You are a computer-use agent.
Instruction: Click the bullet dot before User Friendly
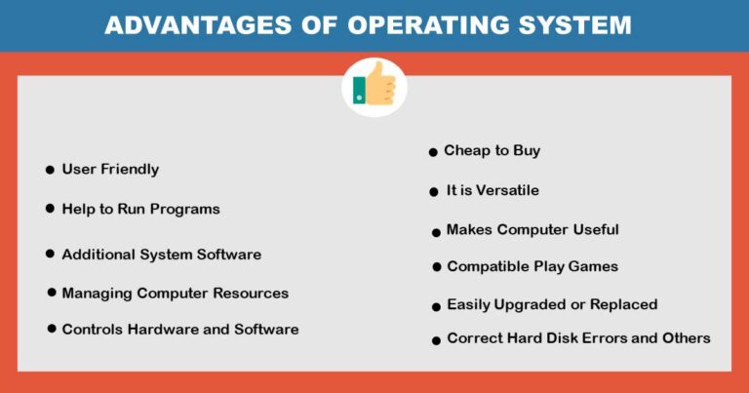tap(50, 170)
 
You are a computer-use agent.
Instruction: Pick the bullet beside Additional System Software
tap(50, 254)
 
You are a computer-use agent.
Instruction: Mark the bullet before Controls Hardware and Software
tap(52, 330)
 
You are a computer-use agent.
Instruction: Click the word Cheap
tap(466, 150)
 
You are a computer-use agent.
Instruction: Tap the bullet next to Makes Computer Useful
tap(436, 232)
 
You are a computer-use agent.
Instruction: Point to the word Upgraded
tap(532, 305)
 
